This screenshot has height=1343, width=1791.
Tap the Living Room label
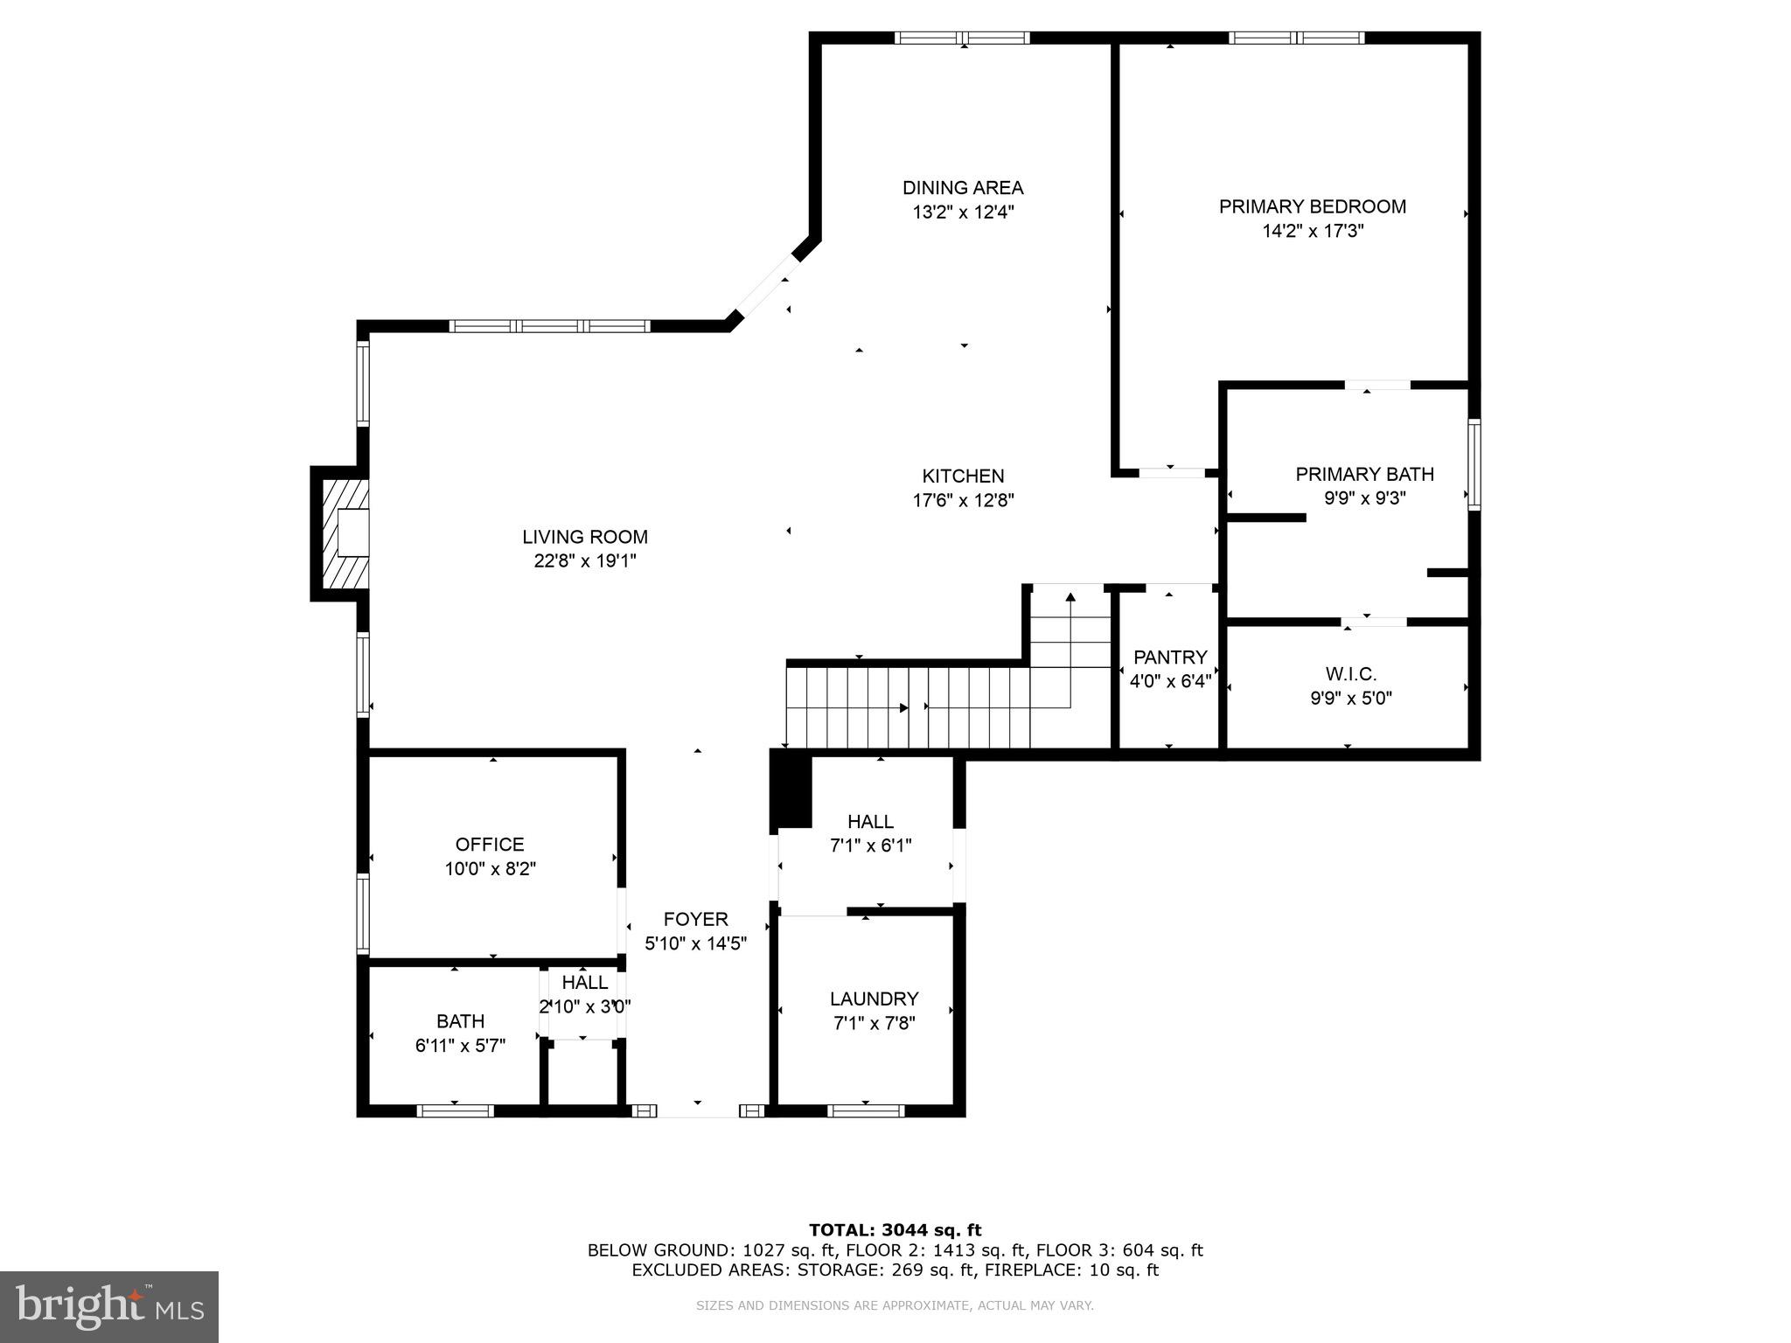(585, 537)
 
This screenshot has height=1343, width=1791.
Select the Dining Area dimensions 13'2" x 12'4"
(963, 212)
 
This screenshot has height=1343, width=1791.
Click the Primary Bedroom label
(1312, 207)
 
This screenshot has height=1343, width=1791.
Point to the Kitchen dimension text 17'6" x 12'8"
(963, 500)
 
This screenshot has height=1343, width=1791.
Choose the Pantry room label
(1169, 657)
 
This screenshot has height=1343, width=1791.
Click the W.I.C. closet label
(1350, 674)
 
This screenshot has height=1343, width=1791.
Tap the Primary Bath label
(1364, 474)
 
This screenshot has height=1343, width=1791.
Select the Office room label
(490, 845)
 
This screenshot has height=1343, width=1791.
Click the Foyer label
(695, 919)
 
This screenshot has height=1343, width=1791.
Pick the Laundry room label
(874, 999)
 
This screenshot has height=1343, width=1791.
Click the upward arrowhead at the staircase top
(1070, 598)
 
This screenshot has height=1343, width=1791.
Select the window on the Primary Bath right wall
(1474, 464)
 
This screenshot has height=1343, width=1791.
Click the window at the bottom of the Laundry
(866, 1110)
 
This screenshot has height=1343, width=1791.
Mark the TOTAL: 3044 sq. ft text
(895, 1230)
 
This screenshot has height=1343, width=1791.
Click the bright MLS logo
(109, 1307)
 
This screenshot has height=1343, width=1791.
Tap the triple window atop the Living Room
(549, 326)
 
